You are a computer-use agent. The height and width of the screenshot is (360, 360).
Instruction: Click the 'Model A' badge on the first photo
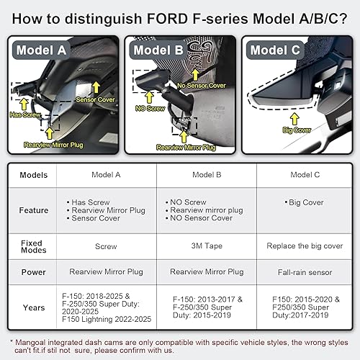(41, 50)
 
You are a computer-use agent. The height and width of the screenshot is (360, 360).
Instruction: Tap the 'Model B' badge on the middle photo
(156, 50)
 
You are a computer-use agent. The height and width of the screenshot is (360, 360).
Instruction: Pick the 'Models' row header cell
(33, 176)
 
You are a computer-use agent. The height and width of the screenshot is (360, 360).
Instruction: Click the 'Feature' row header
(33, 210)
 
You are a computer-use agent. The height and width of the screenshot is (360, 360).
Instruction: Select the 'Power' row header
(33, 272)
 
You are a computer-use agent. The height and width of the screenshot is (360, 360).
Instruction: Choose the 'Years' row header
(33, 307)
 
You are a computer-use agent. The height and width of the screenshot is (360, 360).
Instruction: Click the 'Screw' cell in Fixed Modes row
(106, 246)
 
